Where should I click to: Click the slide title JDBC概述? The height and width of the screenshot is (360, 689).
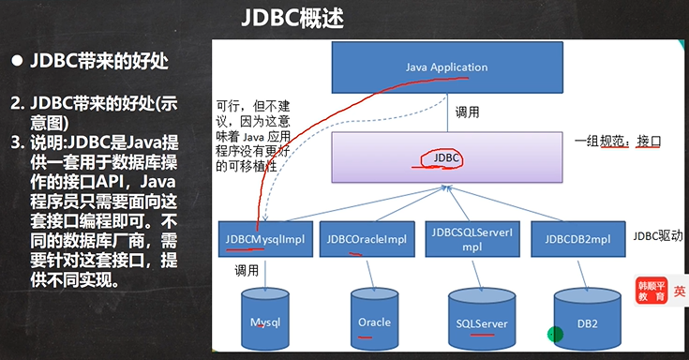(344, 19)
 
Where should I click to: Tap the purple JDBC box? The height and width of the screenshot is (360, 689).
(445, 157)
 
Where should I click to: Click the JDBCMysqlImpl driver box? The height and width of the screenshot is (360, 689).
(263, 239)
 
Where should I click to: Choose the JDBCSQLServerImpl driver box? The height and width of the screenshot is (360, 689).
(471, 238)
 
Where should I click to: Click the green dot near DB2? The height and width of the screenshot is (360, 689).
(555, 332)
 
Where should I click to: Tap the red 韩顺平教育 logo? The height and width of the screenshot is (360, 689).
(652, 290)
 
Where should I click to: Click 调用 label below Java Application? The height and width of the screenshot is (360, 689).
(468, 112)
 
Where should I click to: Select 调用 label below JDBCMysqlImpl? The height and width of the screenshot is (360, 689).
(247, 270)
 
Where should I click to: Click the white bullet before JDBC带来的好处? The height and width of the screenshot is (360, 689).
(16, 63)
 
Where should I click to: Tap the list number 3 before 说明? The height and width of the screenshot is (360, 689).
(16, 142)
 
